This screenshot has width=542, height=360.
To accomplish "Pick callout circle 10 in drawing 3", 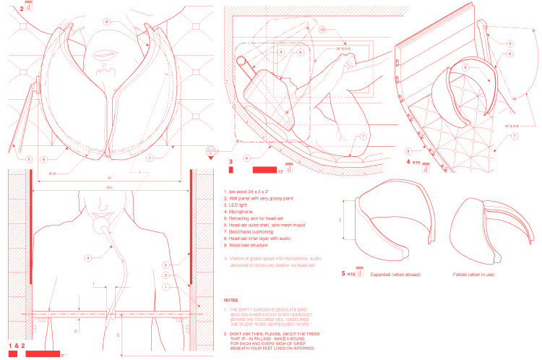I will point(322,30).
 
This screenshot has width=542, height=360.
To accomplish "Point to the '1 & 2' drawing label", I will point(19,346).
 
